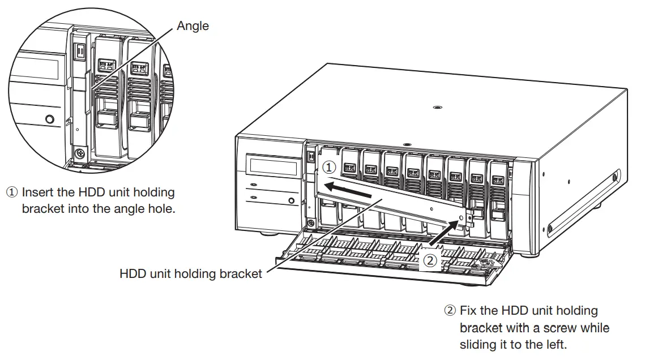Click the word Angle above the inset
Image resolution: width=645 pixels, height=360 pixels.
coord(193,25)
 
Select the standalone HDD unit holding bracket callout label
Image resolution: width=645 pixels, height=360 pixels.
coord(191,274)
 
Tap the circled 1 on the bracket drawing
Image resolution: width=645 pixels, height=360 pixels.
coord(330,168)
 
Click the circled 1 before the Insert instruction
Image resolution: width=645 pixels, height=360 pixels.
coord(12,193)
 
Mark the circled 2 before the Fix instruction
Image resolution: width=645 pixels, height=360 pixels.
coord(450,311)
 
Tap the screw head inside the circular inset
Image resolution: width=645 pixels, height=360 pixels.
coord(80,153)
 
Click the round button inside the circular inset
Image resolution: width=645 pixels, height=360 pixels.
coord(50,119)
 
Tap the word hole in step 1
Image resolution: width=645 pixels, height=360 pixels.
coord(161,208)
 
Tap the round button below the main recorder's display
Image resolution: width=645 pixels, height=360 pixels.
coord(291,200)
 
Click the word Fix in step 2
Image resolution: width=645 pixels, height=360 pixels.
coord(468,311)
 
